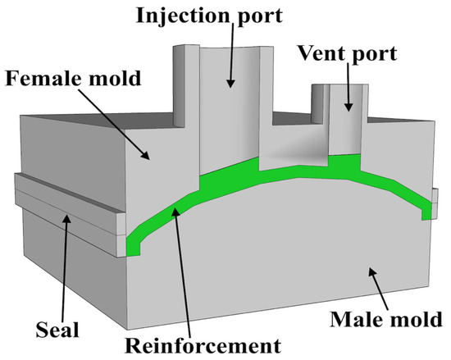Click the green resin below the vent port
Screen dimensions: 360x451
point(345,164)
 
